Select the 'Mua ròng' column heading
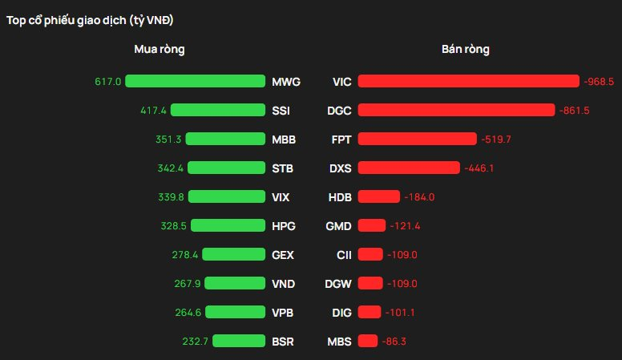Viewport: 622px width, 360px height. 160,49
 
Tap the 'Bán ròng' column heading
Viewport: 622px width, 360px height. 465,49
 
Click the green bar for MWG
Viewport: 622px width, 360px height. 195,81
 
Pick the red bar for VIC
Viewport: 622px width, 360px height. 468,81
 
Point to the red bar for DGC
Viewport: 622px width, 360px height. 456,110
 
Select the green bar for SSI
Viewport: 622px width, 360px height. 217,110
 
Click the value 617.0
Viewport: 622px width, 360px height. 107,81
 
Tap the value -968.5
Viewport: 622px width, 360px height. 599,81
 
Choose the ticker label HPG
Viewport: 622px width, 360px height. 284,225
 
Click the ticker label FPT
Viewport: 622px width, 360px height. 341,139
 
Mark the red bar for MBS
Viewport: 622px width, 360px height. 367,341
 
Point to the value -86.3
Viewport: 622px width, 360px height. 394,341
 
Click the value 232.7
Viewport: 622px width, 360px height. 196,341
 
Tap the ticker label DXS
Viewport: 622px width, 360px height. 341,168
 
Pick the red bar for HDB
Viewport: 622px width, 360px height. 378,196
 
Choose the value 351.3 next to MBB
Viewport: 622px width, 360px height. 168,139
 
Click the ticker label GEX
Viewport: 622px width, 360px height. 283,254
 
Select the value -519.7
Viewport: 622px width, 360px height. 496,139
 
